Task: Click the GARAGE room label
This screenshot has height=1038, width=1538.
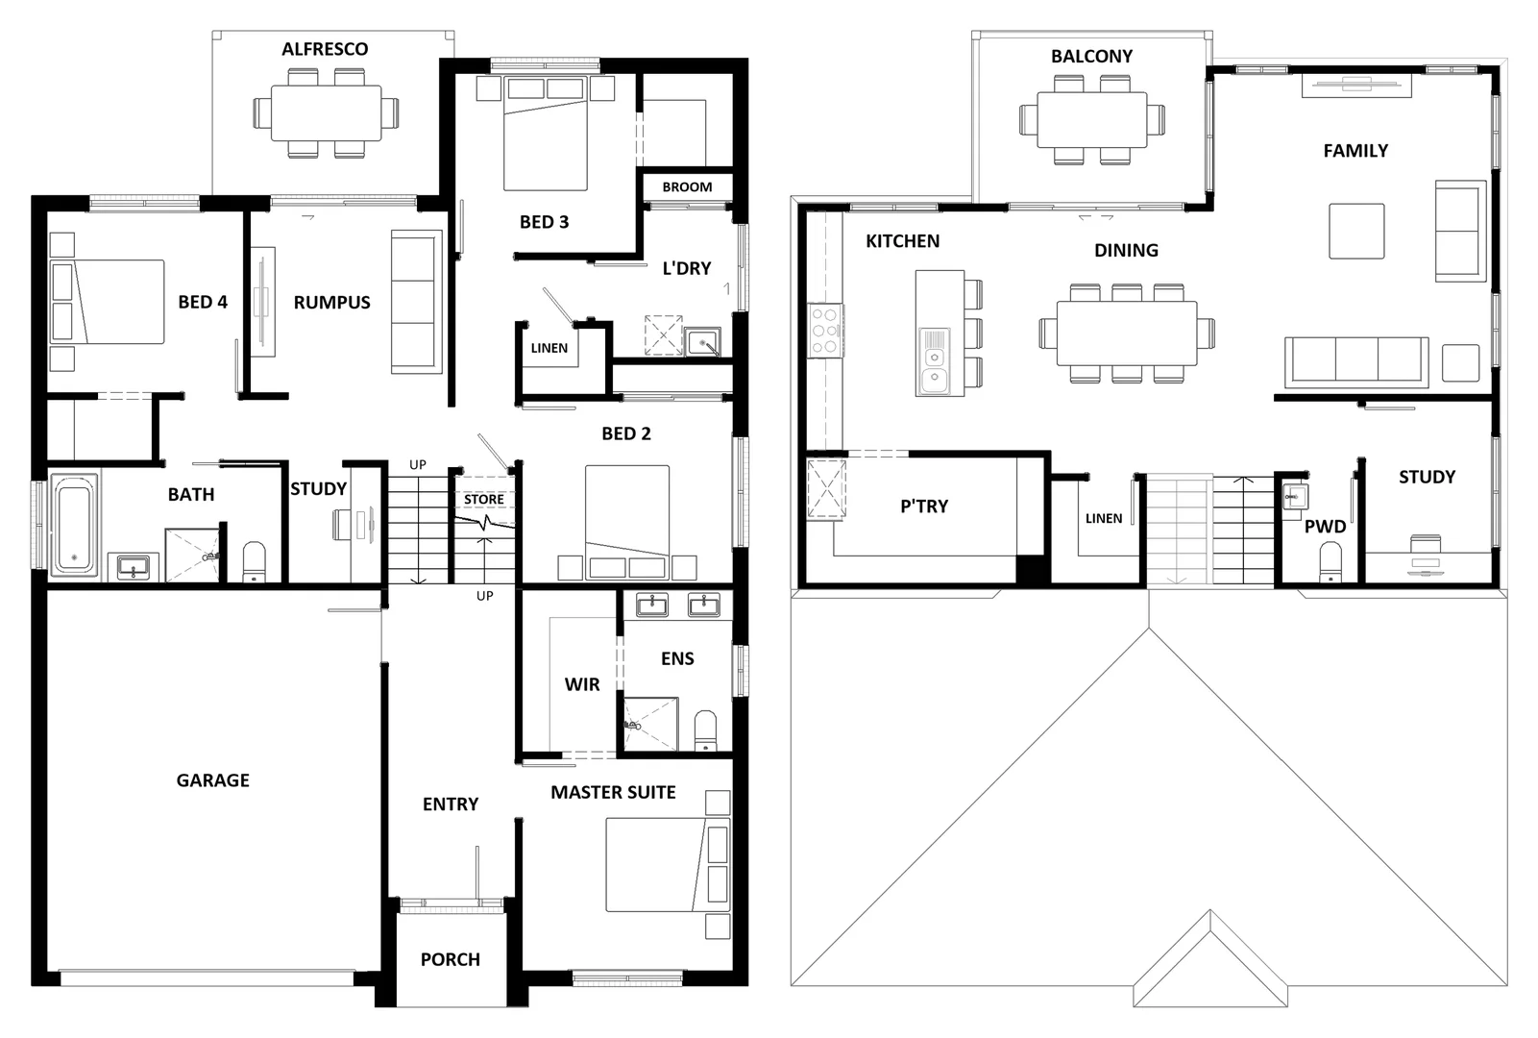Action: [212, 780]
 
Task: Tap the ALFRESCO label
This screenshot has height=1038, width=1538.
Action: [325, 49]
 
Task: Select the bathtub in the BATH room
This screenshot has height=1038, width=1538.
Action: [74, 526]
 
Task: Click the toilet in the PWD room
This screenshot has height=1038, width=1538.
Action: [1330, 561]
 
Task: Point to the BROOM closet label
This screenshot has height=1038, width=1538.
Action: [687, 187]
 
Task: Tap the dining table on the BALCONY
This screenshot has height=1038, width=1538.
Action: [1091, 119]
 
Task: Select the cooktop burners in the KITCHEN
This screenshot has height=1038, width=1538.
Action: [825, 331]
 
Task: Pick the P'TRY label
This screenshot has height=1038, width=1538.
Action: [924, 507]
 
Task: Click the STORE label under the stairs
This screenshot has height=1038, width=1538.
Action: [484, 500]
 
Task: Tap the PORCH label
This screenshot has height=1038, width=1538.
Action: [450, 959]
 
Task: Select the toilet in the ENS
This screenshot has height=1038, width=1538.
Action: [705, 730]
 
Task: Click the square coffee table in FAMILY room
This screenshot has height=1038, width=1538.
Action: [1356, 231]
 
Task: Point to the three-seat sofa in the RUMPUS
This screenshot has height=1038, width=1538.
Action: [415, 302]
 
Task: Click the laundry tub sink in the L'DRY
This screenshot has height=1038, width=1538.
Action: [702, 342]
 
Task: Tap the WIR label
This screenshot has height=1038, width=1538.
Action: [582, 684]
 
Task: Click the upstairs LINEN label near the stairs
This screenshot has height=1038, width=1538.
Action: [1104, 518]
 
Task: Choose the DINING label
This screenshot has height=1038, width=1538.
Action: [1126, 251]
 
